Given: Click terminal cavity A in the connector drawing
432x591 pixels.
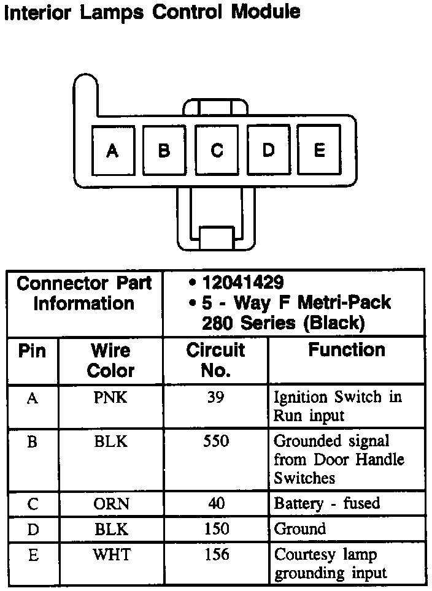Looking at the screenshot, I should click(112, 151).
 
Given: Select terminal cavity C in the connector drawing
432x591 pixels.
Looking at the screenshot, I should click(217, 151).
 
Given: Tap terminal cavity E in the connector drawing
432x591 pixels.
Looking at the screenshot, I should click(320, 150).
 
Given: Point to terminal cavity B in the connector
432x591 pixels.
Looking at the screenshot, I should click(164, 151).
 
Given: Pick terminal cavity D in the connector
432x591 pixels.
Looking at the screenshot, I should click(269, 151).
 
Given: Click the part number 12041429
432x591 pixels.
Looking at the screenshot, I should click(243, 283).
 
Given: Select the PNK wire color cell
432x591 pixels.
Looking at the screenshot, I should click(111, 398).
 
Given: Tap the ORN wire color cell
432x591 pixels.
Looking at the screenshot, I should click(111, 503).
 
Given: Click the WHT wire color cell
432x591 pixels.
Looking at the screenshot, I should click(111, 555).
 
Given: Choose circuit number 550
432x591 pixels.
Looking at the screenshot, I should click(216, 441).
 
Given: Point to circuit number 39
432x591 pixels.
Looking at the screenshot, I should click(216, 398).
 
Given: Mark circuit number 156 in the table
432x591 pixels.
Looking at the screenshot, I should click(216, 555).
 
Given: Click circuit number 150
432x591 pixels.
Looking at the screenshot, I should click(216, 528).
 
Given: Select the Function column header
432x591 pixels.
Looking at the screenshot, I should click(347, 350).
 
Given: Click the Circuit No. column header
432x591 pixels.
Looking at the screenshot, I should click(216, 360).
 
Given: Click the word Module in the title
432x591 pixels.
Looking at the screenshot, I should click(266, 12).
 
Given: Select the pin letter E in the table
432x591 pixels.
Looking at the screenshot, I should click(33, 555).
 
